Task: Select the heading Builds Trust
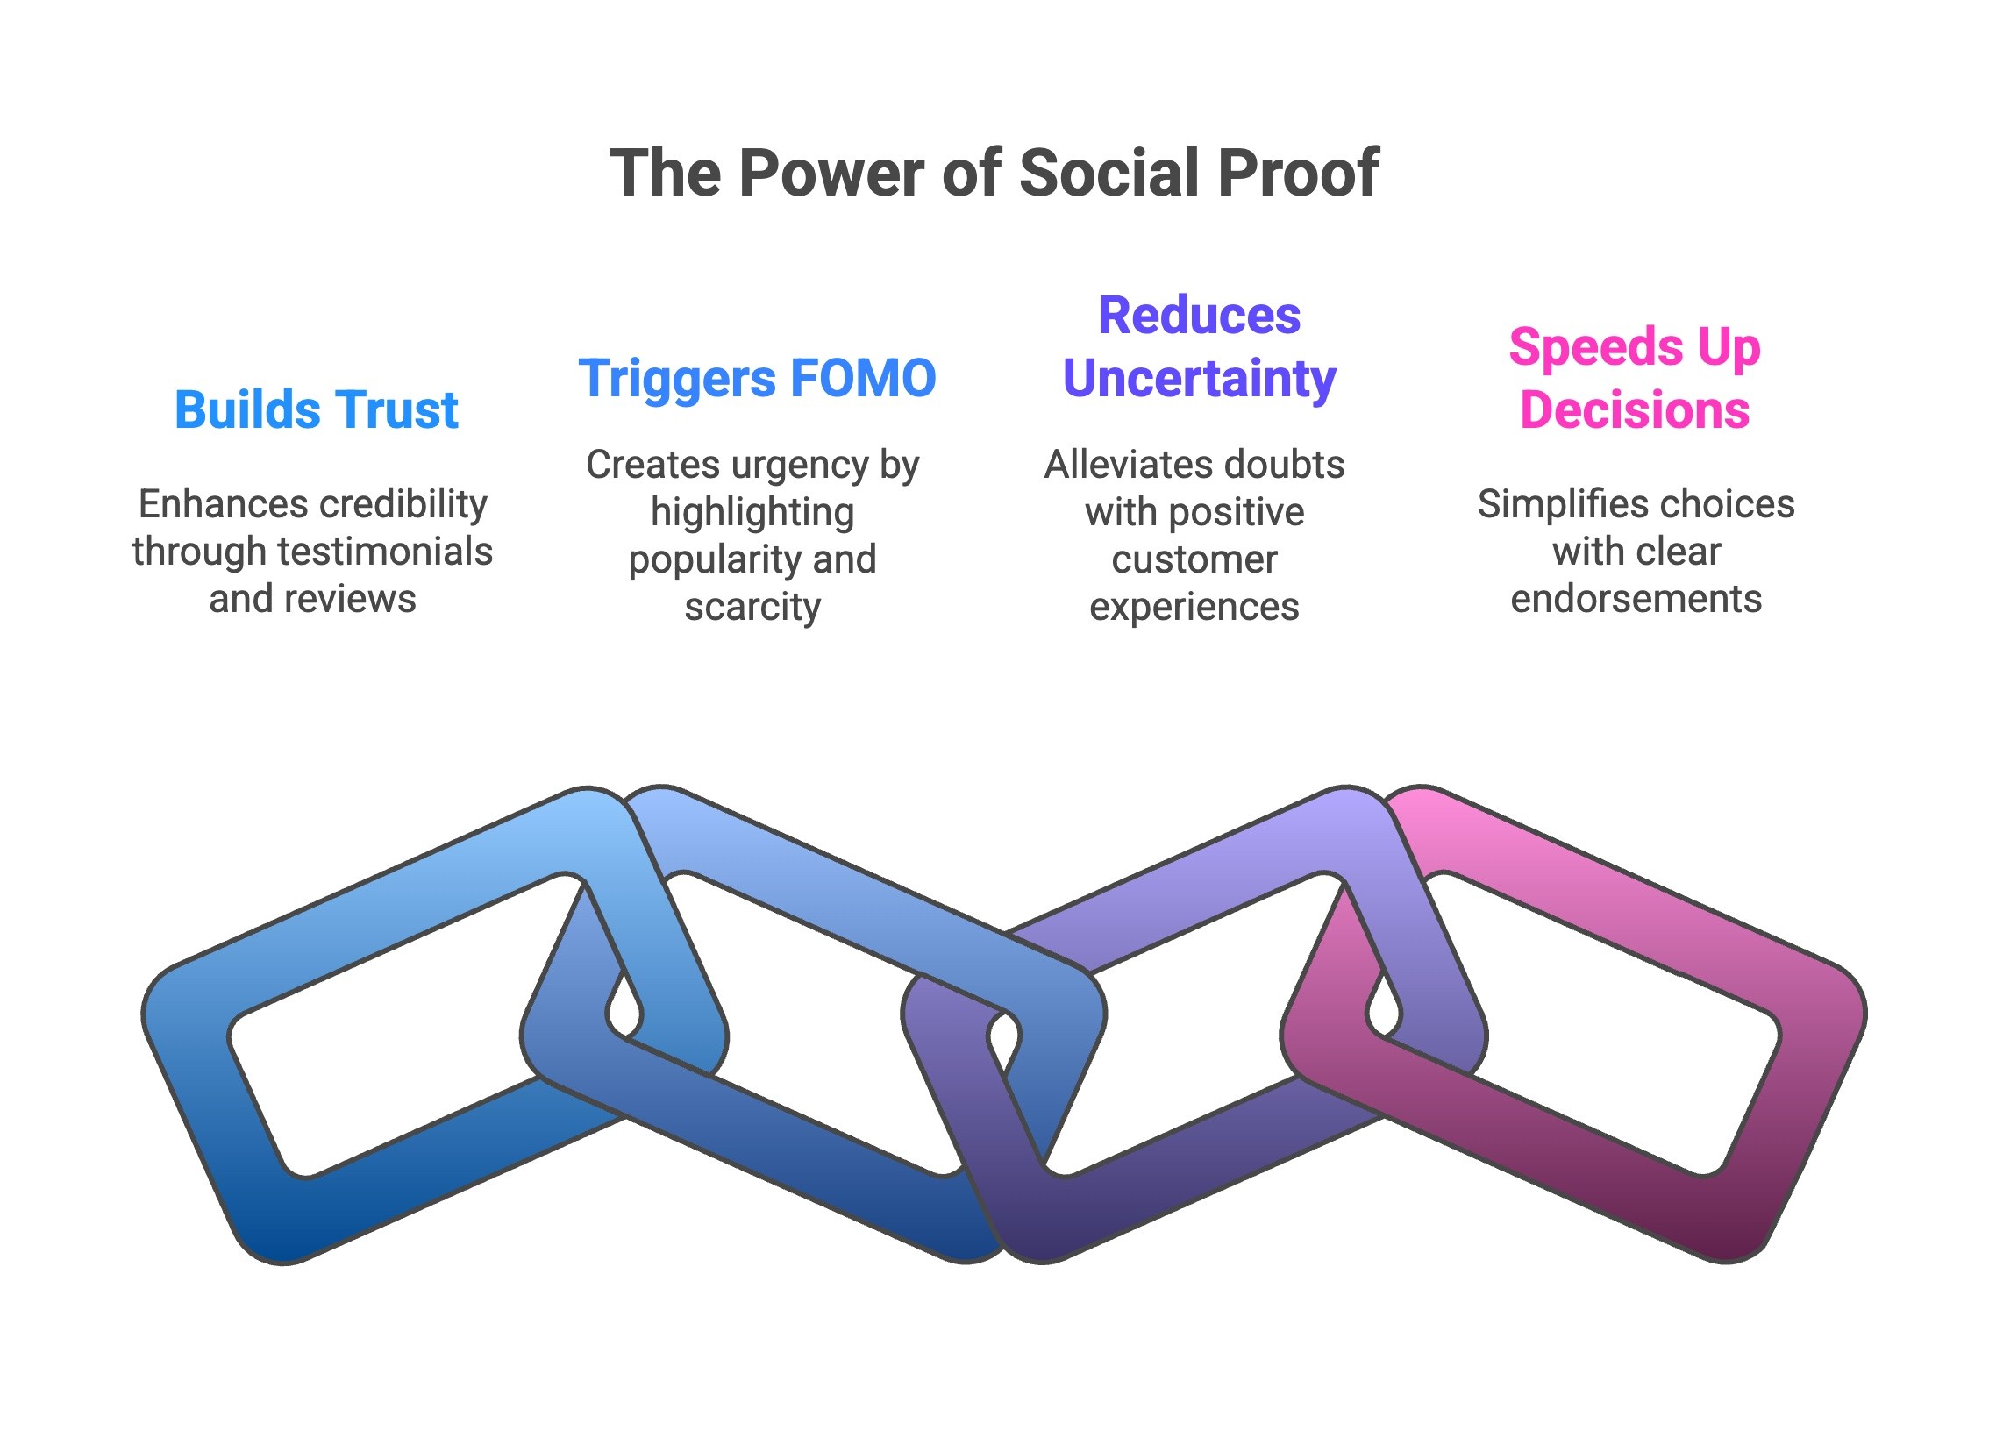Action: click(317, 409)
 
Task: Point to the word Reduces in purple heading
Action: click(1199, 316)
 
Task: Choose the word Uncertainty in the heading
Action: click(1199, 379)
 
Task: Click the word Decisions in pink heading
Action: click(1634, 410)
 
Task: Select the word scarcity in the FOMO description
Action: click(752, 607)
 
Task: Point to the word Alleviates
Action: click(1121, 465)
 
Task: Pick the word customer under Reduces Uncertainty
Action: click(1194, 560)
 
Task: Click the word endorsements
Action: click(1636, 600)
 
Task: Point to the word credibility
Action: click(412, 504)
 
